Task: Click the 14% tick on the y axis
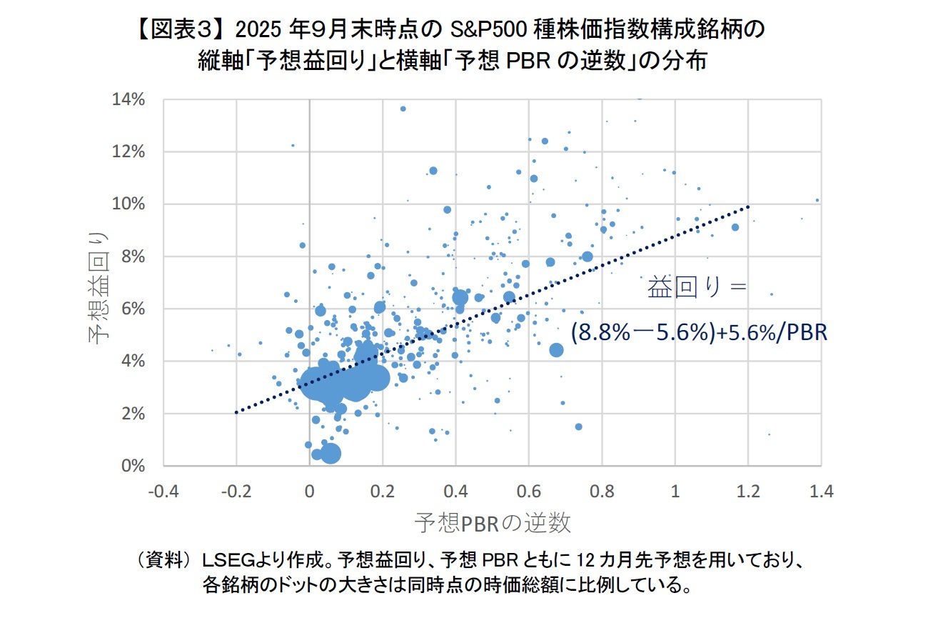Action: tap(128, 99)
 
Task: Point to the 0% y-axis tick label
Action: tap(132, 466)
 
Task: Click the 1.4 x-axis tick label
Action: tap(821, 492)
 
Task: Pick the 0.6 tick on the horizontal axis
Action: tap(529, 492)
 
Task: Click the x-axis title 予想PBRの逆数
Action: tap(493, 523)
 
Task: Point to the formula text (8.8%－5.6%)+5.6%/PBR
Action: tap(699, 332)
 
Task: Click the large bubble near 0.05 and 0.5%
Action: tap(330, 453)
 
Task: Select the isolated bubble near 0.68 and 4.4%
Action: tap(556, 350)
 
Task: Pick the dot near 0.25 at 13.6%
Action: tap(403, 109)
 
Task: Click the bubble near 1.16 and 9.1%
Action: tap(735, 227)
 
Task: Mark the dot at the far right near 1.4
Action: tap(817, 200)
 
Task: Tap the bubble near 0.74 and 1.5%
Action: tap(578, 427)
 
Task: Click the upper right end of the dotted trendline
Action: tap(747, 206)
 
